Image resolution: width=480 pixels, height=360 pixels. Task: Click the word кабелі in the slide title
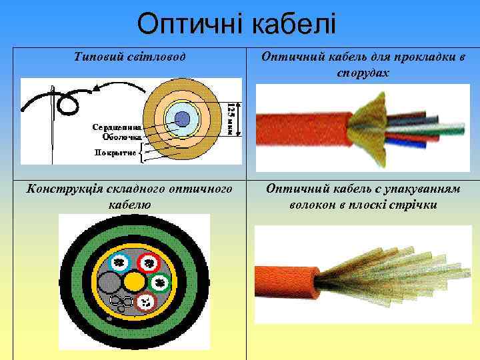coord(297,25)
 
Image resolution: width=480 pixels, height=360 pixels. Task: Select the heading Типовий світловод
coord(130,58)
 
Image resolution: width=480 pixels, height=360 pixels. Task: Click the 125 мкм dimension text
coord(231,118)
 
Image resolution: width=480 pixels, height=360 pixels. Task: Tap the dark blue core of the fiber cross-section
coord(182,121)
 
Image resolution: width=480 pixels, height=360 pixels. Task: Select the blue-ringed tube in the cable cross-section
coord(121,262)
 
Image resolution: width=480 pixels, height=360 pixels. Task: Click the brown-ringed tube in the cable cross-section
coord(145,303)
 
